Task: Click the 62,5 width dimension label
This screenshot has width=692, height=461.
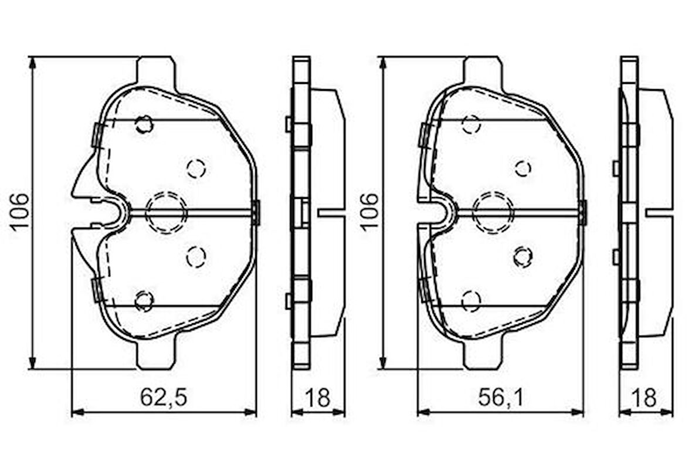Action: pyautogui.click(x=163, y=398)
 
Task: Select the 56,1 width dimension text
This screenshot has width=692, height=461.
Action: pyautogui.click(x=501, y=398)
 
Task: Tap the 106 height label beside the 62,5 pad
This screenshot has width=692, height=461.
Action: pyautogui.click(x=19, y=212)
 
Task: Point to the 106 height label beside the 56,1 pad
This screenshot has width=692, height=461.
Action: pyautogui.click(x=369, y=212)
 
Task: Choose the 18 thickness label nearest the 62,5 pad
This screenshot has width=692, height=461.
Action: pyautogui.click(x=318, y=398)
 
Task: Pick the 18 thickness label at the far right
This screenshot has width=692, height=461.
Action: pyautogui.click(x=645, y=398)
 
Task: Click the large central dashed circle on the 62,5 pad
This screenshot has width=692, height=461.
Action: pyautogui.click(x=166, y=212)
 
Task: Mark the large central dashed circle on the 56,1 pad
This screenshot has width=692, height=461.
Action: pyautogui.click(x=493, y=212)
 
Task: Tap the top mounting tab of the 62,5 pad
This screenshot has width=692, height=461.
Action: pyautogui.click(x=155, y=71)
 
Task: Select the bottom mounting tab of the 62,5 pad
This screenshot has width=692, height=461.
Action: pyautogui.click(x=155, y=355)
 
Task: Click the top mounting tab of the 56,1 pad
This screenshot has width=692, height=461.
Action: pyautogui.click(x=483, y=71)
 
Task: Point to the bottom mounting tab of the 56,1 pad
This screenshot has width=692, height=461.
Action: pyautogui.click(x=483, y=355)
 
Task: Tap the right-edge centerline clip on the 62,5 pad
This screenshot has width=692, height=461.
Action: pyautogui.click(x=256, y=212)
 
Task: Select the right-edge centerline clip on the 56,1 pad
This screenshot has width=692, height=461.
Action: pyautogui.click(x=583, y=212)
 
